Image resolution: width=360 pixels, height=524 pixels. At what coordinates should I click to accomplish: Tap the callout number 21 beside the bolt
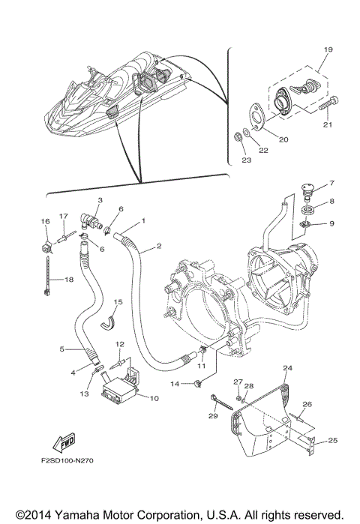pos(327,125)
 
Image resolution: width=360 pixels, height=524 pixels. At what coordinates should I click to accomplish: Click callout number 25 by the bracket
pos(331,440)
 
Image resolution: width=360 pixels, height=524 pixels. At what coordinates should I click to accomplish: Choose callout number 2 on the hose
pos(160,246)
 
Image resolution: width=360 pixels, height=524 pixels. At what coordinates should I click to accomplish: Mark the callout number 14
pos(174,384)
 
